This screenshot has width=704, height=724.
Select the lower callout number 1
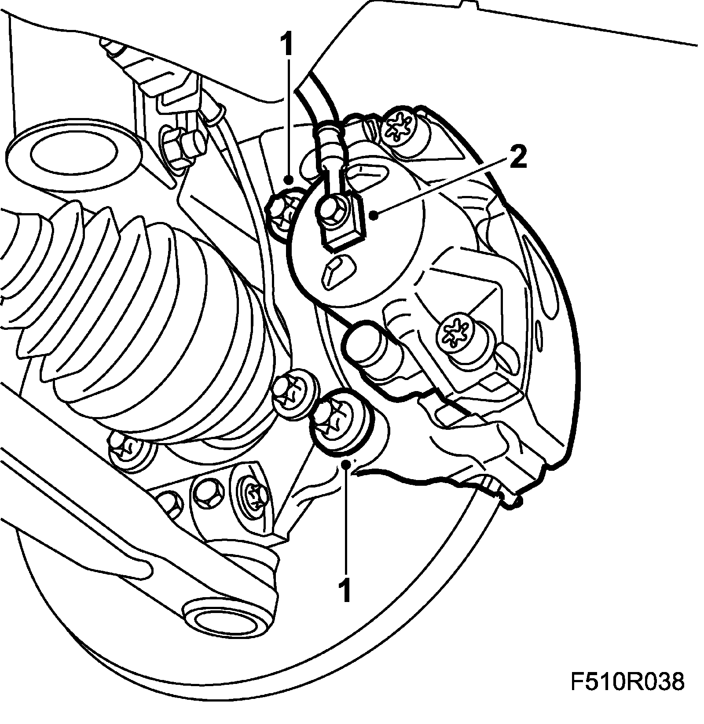pyautogui.click(x=346, y=591)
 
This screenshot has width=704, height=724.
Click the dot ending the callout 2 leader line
pyautogui.click(x=373, y=215)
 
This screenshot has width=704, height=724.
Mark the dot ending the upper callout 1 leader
pyautogui.click(x=288, y=180)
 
